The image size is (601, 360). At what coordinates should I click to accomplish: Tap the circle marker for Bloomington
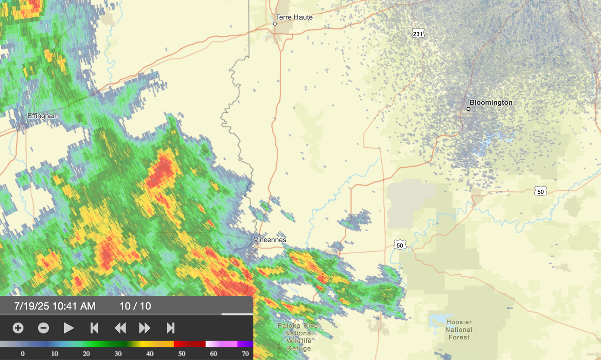click(469, 109)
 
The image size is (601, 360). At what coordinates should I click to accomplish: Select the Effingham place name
click(43, 116)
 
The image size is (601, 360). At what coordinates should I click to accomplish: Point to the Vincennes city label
click(270, 240)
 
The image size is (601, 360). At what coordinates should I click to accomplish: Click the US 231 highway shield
click(417, 34)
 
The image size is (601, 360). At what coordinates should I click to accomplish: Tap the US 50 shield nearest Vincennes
click(399, 245)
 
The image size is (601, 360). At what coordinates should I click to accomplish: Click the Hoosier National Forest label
click(459, 330)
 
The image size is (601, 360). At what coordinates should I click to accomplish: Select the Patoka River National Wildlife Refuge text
click(299, 337)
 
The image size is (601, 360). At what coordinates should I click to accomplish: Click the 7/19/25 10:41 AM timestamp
click(55, 306)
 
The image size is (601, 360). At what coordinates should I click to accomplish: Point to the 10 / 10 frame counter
click(135, 306)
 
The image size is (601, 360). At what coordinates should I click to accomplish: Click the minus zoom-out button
click(44, 328)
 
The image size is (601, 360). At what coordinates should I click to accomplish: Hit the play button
click(69, 328)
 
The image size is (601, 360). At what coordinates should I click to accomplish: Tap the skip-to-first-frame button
click(94, 328)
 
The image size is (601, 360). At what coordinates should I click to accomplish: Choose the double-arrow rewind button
click(120, 328)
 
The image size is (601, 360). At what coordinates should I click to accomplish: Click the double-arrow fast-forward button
click(145, 328)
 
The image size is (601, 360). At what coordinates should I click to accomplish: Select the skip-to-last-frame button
click(170, 328)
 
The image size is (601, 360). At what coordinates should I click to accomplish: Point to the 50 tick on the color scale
click(181, 354)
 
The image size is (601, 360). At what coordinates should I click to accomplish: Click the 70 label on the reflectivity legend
click(245, 354)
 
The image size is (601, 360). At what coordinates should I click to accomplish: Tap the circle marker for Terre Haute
click(275, 24)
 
